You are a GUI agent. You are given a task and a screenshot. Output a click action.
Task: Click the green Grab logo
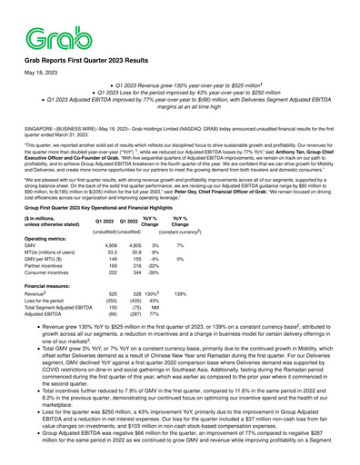click(x=44, y=37)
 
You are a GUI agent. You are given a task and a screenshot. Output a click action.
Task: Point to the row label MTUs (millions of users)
click(x=59, y=267)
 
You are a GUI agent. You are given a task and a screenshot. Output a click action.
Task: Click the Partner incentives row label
click(x=52, y=283)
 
